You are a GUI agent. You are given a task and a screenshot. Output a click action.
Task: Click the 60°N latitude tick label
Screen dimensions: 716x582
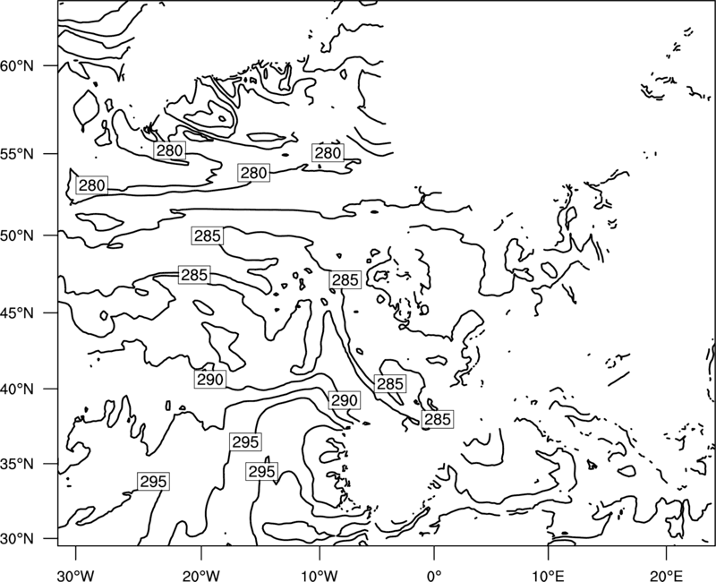pos(17,66)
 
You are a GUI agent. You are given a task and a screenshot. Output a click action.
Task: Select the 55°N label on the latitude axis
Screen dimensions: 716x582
pos(17,154)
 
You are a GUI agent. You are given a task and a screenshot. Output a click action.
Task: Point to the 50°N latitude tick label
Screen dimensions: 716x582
pos(17,235)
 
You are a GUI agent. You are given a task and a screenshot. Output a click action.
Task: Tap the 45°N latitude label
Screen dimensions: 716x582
pos(17,313)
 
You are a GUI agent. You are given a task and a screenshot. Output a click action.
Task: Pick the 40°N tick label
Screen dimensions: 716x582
pos(17,389)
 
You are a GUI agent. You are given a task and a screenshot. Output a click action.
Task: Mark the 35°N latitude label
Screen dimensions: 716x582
pos(17,464)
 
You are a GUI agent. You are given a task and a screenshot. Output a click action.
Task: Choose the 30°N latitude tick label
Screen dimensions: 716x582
pos(17,539)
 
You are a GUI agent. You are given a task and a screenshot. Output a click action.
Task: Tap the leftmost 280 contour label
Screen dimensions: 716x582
pos(92,185)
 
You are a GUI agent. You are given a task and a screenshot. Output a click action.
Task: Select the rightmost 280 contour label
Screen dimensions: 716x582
pos(328,153)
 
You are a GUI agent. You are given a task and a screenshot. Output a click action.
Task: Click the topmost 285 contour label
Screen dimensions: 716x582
pos(208,236)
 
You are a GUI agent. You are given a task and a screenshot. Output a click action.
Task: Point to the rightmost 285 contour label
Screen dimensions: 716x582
pos(438,419)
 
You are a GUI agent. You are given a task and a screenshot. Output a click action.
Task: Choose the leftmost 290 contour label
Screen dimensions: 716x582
pos(210,379)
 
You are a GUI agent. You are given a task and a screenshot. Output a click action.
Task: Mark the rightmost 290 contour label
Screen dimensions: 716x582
pos(344,400)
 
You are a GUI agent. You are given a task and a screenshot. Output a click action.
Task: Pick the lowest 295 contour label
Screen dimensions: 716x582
pos(153,482)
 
